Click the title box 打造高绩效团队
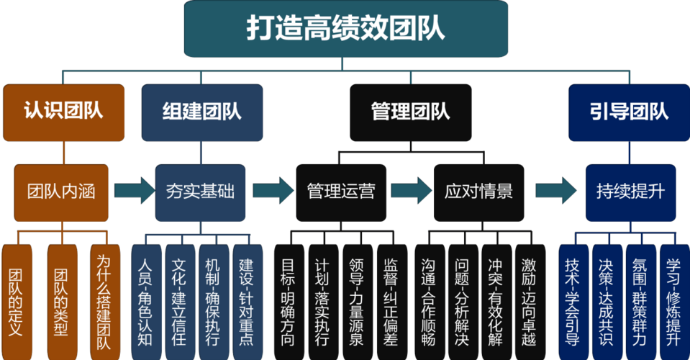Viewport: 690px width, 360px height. (x=346, y=29)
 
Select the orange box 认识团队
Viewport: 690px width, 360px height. (x=64, y=112)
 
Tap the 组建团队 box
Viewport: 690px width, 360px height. (x=202, y=112)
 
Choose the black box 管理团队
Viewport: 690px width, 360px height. (x=411, y=112)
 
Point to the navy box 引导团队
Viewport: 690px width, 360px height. (x=630, y=112)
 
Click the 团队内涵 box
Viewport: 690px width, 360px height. (x=61, y=193)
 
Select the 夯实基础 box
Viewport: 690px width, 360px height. (x=200, y=193)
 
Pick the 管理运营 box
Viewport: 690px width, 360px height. (x=341, y=193)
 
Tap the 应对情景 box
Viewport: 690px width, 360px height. (x=478, y=193)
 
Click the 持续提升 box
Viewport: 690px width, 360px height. (x=630, y=193)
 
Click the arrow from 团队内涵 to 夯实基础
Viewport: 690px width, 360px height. (x=135, y=191)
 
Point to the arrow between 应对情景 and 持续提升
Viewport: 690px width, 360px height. (x=555, y=191)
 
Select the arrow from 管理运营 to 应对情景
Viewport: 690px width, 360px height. (x=412, y=191)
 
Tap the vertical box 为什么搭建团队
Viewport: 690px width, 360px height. (x=105, y=302)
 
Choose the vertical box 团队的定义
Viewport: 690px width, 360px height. (x=17, y=302)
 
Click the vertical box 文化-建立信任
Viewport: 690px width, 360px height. (x=180, y=302)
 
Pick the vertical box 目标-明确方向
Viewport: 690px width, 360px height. (x=289, y=302)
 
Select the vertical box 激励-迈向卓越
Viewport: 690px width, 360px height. (x=530, y=302)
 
